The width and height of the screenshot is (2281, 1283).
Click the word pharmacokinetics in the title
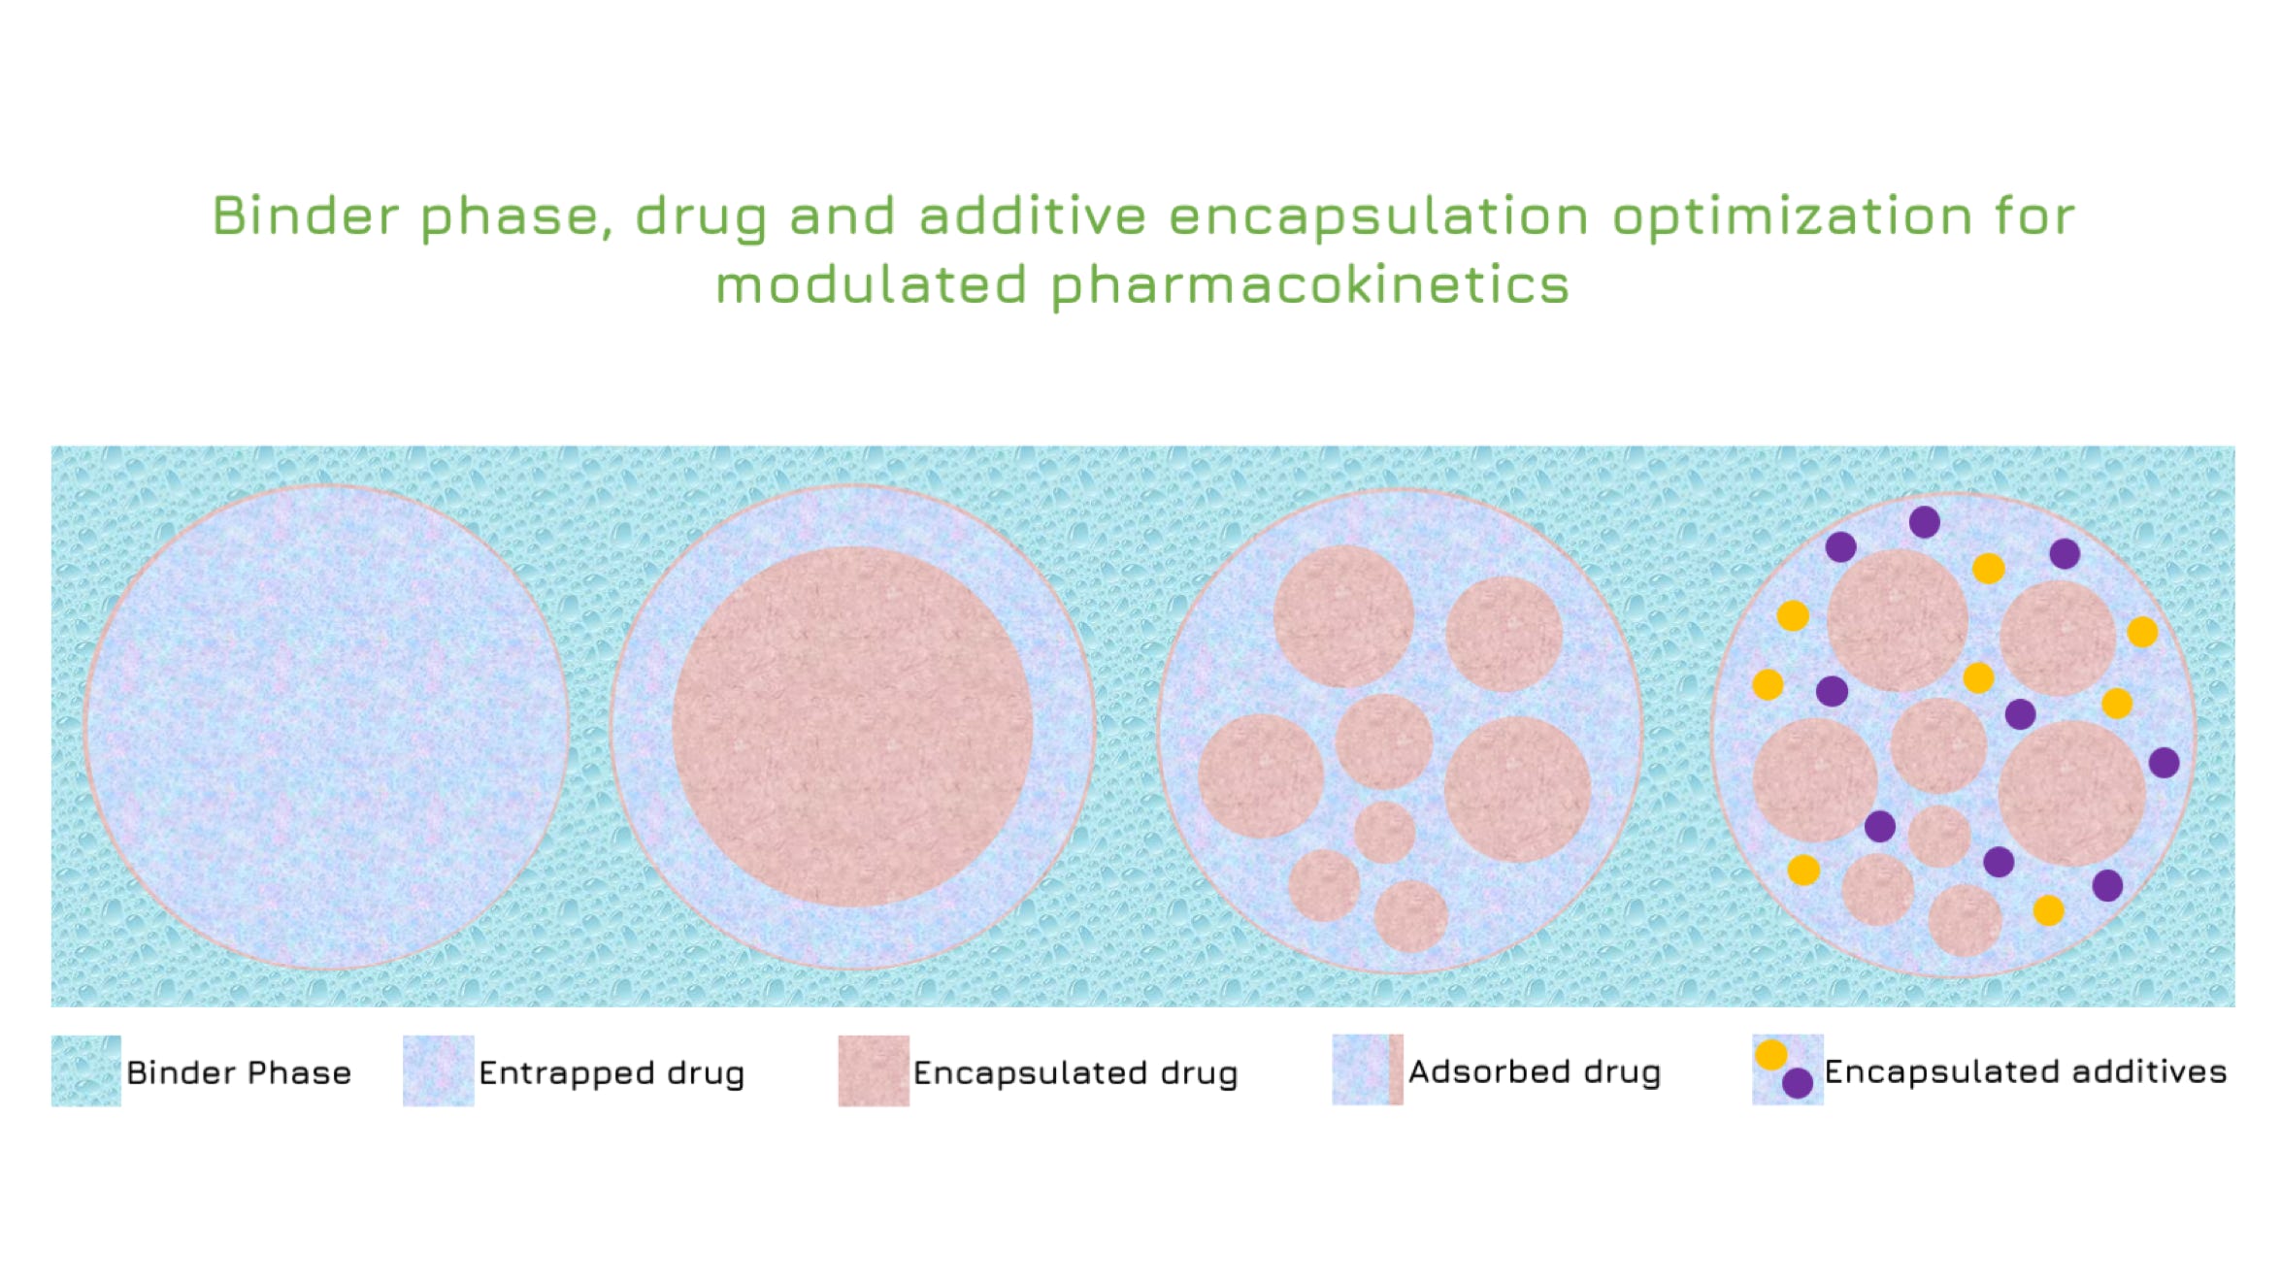click(x=1309, y=285)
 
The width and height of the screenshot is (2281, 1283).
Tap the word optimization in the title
click(x=1792, y=216)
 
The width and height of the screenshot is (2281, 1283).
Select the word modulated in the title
click(x=871, y=285)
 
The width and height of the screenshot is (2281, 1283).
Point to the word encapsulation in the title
click(x=1378, y=216)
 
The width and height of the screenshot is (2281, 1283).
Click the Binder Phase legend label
click(x=239, y=1072)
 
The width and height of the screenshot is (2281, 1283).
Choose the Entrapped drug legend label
click(x=612, y=1073)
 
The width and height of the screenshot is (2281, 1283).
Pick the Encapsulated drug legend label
click(x=1075, y=1073)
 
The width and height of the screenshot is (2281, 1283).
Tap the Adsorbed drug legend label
click(x=1535, y=1071)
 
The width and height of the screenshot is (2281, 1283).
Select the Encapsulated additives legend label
click(x=2026, y=1071)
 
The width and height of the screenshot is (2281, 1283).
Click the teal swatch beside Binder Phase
click(x=86, y=1071)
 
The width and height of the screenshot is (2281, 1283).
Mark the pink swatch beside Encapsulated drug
click(x=874, y=1071)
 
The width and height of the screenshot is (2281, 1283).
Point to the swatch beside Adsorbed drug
click(x=1368, y=1070)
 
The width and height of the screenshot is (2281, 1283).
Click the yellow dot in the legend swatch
click(x=1771, y=1055)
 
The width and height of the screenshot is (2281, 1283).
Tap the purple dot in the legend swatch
click(x=1798, y=1083)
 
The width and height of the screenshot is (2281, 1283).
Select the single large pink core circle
click(x=852, y=727)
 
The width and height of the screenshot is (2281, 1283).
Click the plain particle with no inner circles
click(x=326, y=727)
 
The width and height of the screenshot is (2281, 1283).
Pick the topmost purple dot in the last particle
click(x=1925, y=522)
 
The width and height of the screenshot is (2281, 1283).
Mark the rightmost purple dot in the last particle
click(x=2165, y=763)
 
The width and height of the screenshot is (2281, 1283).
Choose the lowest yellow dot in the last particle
click(x=2049, y=910)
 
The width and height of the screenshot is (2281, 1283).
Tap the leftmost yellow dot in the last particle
click(x=1769, y=684)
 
